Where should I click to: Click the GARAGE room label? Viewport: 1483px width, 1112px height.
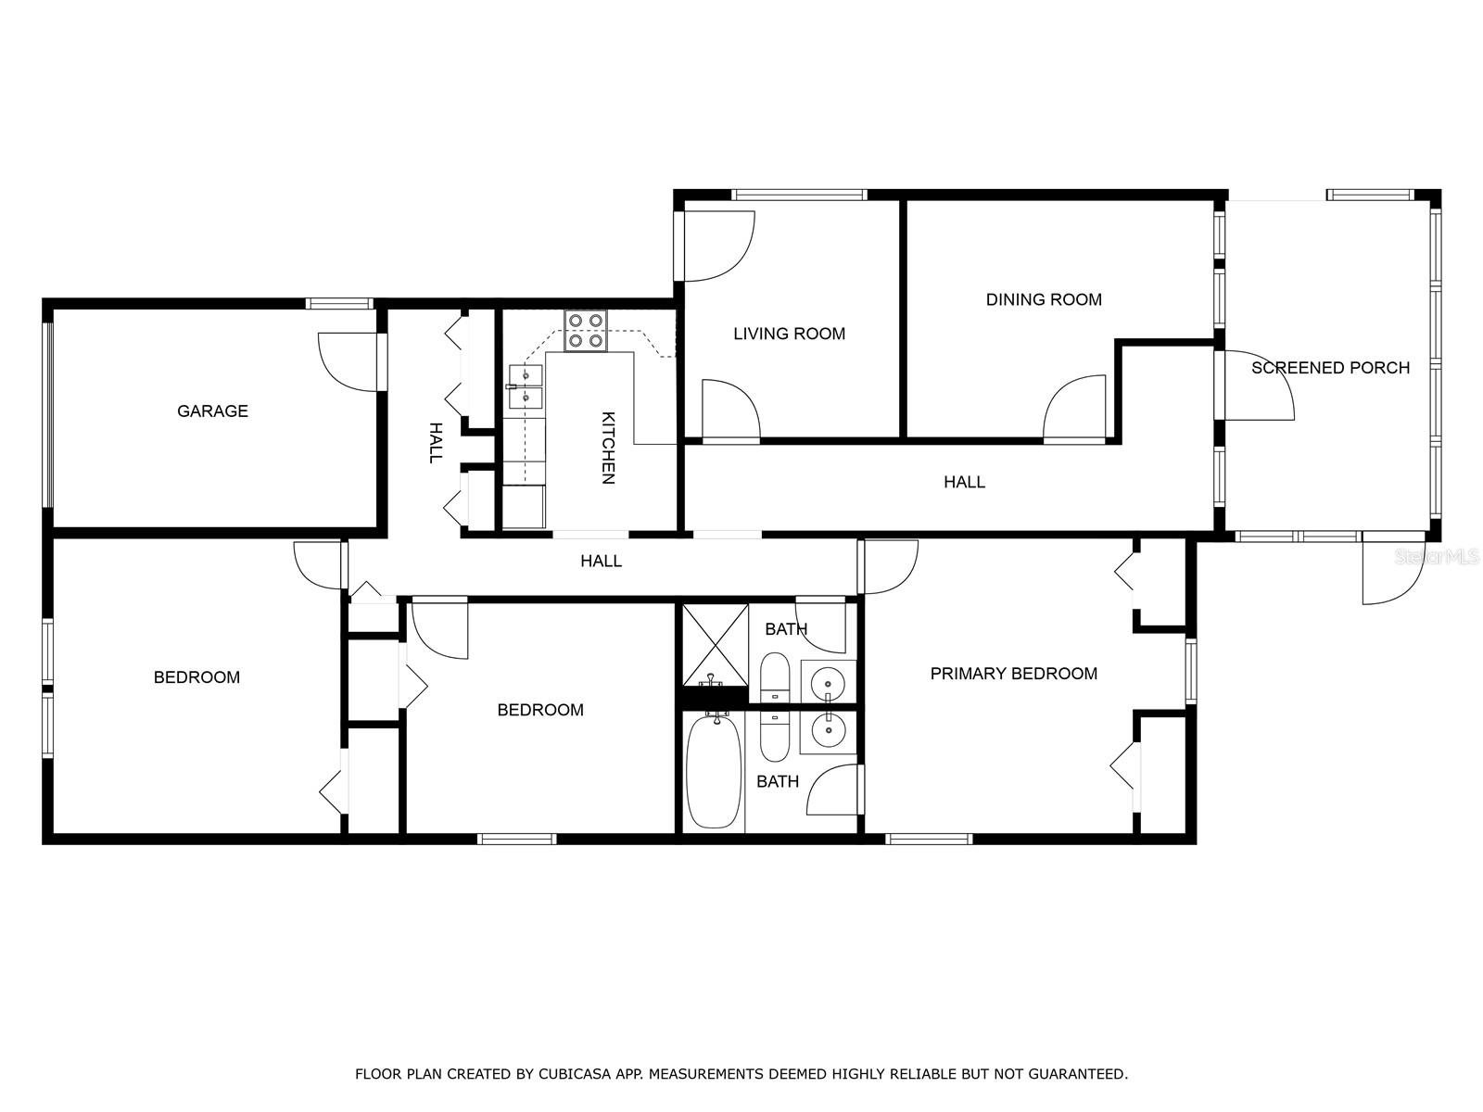[212, 411]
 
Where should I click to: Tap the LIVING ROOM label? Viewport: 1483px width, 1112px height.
[789, 334]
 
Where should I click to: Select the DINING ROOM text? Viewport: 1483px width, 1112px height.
[1043, 299]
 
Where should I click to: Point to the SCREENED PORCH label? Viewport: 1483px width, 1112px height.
[1330, 368]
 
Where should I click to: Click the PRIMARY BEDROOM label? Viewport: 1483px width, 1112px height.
[1013, 673]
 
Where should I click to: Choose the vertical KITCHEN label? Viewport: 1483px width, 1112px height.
[607, 449]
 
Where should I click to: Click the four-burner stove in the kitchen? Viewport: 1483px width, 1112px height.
[586, 331]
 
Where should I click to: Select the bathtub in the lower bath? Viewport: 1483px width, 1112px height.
[714, 772]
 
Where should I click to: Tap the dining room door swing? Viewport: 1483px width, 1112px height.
[1074, 407]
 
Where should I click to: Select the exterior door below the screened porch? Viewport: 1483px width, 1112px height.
[1393, 571]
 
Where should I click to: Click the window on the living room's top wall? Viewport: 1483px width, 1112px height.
[799, 196]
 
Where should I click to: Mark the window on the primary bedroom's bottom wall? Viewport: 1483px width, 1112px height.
[929, 840]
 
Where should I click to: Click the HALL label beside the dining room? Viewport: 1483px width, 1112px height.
[964, 482]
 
